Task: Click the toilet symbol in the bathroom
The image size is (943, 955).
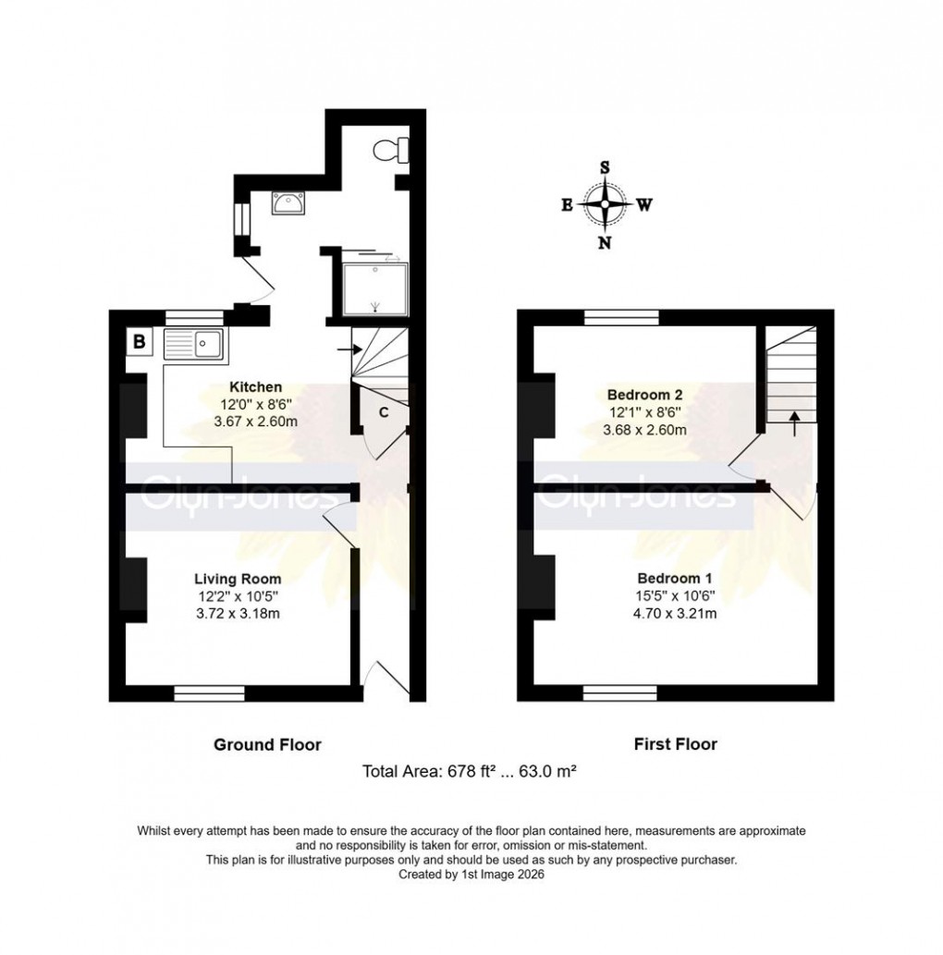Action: tap(389, 148)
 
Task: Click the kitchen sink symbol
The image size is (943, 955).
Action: tap(192, 345)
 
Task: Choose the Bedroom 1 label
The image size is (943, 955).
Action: tap(671, 578)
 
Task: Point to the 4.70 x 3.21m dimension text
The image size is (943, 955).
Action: tap(671, 613)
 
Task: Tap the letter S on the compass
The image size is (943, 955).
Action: tap(605, 167)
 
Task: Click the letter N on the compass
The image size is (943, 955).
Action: tap(605, 243)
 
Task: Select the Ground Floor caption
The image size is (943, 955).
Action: tap(267, 744)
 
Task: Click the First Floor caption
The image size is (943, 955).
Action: tap(676, 743)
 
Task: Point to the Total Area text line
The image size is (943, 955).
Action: tap(471, 770)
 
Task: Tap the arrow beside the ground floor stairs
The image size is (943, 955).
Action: tap(345, 349)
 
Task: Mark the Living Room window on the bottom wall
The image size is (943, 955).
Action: tap(210, 692)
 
